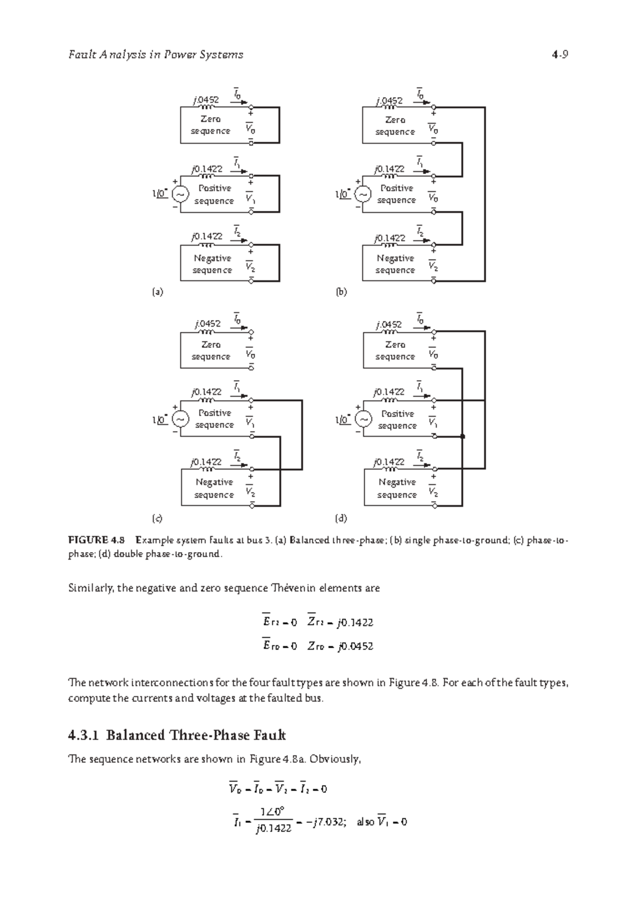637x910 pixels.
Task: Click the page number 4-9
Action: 560,55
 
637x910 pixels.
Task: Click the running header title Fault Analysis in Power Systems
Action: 156,55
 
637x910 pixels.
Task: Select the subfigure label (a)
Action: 158,292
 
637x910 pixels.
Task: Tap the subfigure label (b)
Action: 341,292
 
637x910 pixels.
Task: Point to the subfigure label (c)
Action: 158,518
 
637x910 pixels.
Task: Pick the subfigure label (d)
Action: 341,518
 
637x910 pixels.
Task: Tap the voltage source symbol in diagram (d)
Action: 363,419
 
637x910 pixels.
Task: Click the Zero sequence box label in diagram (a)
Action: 211,125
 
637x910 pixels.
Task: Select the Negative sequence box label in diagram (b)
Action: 395,264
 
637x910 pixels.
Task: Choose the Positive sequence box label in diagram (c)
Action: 214,418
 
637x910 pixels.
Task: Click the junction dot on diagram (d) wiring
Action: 463,436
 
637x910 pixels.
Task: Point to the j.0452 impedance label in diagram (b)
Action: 389,100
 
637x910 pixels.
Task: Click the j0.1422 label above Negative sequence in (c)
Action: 207,462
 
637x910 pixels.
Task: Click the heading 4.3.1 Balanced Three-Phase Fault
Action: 177,735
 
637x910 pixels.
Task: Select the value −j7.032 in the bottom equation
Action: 328,822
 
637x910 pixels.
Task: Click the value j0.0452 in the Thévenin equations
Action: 355,646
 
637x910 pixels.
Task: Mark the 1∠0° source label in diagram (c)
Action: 160,420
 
